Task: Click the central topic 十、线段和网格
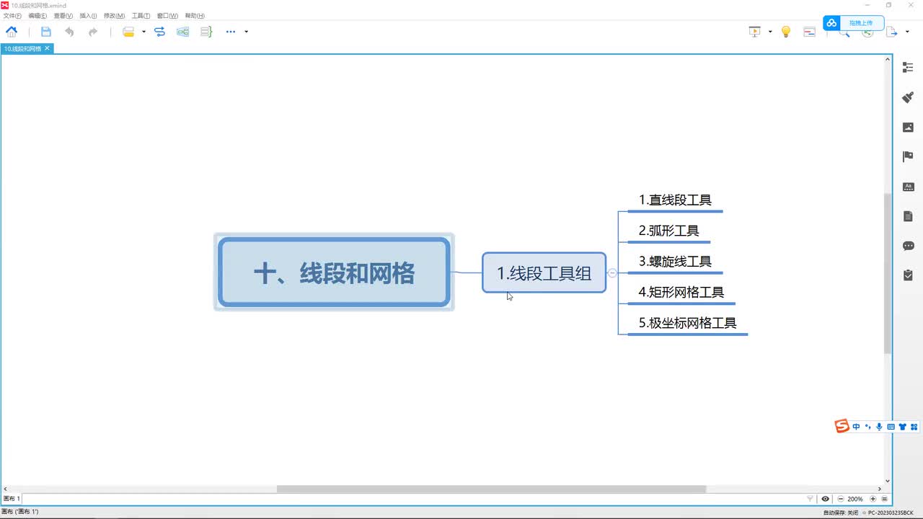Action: (334, 272)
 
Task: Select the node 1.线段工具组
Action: (544, 272)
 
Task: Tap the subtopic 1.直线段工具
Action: (675, 200)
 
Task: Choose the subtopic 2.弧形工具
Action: (668, 231)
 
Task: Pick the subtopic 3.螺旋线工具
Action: (675, 262)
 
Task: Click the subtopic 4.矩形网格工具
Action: (681, 292)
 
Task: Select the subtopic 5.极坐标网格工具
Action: (687, 323)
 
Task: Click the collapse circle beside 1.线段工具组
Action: (612, 272)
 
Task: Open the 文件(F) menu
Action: (12, 16)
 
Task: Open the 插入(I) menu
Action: (88, 16)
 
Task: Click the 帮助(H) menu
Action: (195, 16)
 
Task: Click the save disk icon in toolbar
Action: (46, 32)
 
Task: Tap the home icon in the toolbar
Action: (12, 32)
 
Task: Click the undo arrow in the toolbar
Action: (69, 32)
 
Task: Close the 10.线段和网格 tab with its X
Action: (48, 48)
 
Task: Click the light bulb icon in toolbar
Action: (786, 32)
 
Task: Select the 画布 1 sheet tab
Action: (12, 499)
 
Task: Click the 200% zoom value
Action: (855, 499)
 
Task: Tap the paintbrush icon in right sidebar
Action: (908, 97)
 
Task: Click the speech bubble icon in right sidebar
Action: (908, 246)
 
